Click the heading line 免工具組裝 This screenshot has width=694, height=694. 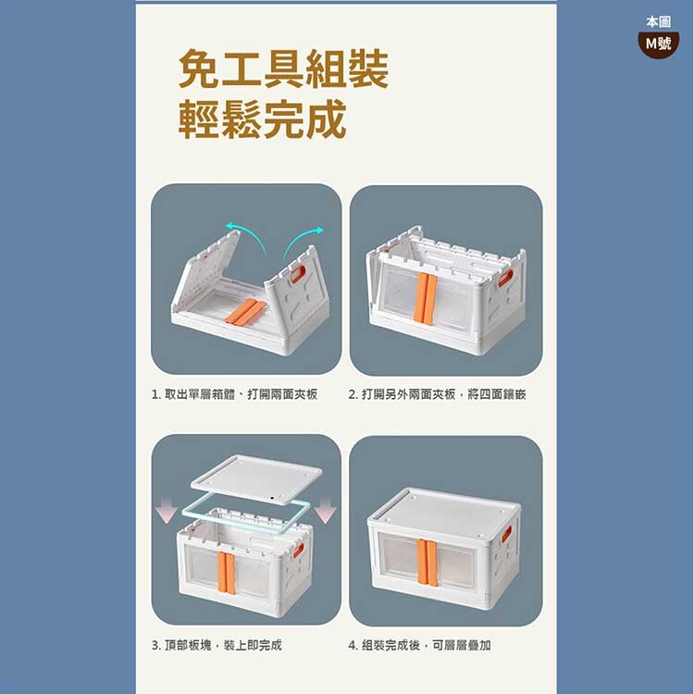click(284, 68)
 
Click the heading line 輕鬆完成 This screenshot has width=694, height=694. click(262, 119)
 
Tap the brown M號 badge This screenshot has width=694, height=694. click(658, 43)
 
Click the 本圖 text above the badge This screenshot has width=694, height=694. click(658, 21)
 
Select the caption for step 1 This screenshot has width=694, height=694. click(234, 394)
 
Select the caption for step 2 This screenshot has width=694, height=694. click(437, 394)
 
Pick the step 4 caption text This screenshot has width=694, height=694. click(419, 645)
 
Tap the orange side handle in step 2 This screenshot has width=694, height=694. click(506, 278)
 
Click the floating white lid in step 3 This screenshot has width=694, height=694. click(256, 479)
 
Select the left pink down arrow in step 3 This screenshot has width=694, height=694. click(167, 510)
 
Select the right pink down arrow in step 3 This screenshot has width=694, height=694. click(325, 510)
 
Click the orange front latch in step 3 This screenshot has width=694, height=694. click(226, 572)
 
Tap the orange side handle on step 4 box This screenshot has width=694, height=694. click(506, 533)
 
